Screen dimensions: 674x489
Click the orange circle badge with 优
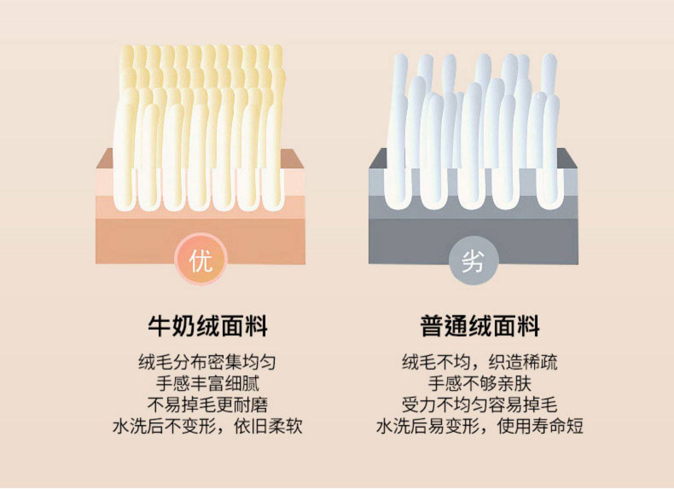pos(200,260)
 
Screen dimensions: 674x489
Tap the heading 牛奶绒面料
pos(208,326)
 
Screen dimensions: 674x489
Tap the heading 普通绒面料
pos(479,326)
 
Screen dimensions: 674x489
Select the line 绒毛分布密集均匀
pos(207,362)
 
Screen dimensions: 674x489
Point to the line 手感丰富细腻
pos(207,383)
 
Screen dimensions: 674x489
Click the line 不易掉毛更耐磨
pos(207,405)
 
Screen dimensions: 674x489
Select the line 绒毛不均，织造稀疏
pos(479,362)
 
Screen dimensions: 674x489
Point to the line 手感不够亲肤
pos(479,383)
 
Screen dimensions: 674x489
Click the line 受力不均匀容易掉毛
pos(479,405)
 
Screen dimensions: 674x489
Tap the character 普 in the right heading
pos(432,326)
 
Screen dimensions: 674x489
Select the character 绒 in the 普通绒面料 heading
pos(479,326)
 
